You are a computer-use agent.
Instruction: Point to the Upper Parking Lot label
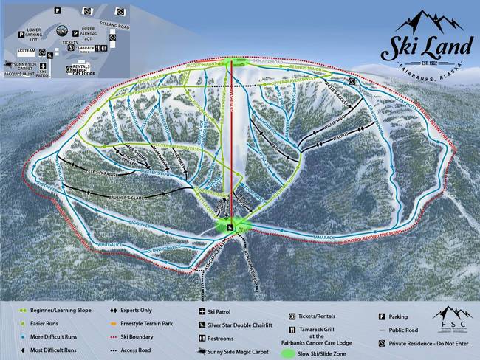click(x=89, y=34)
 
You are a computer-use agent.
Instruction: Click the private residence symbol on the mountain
click(x=354, y=82)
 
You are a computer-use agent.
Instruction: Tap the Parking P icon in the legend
click(x=381, y=316)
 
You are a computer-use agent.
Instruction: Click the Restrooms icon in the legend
click(x=202, y=337)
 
